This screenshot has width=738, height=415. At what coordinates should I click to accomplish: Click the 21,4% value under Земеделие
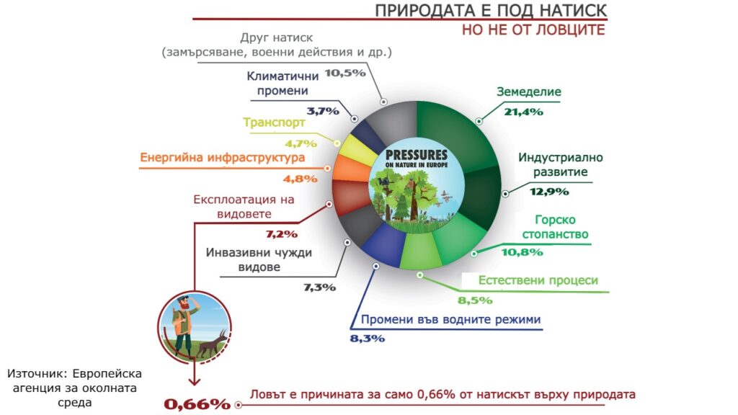coord(523,112)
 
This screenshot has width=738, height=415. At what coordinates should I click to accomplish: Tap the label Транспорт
coord(274,122)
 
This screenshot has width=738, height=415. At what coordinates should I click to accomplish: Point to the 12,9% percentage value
coord(548,192)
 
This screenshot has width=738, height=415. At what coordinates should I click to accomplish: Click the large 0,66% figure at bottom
coord(197,403)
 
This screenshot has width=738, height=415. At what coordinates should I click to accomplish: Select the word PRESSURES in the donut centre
coord(416,155)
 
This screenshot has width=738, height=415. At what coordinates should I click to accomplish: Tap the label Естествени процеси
coord(538,280)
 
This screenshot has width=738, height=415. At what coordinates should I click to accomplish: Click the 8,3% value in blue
coord(367,339)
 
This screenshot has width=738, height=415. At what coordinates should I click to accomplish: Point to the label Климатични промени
coord(283,84)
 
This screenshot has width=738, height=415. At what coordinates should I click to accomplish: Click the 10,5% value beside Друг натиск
coord(345,73)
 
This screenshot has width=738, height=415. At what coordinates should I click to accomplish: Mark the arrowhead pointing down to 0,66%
coord(195,380)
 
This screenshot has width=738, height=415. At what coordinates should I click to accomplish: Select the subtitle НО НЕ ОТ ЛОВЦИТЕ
coord(533,30)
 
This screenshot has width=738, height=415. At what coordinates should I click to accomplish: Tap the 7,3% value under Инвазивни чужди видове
coord(319,287)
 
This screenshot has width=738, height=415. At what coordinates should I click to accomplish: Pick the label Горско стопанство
coord(556,227)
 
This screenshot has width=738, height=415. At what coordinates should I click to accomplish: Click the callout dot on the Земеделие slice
coord(479,121)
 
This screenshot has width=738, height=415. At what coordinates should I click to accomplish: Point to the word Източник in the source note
coord(36,374)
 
